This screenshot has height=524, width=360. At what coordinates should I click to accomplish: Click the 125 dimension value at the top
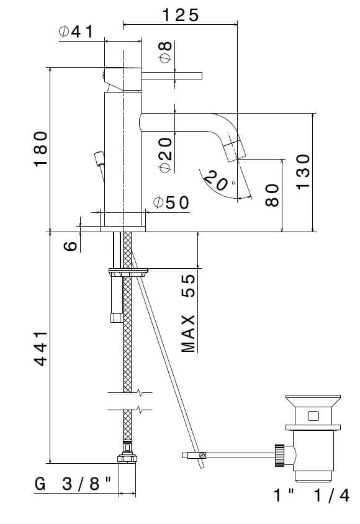181,16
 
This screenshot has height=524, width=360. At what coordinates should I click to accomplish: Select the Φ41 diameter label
76,32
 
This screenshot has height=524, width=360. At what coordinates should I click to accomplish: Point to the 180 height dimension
40,149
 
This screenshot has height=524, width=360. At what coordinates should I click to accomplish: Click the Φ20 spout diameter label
166,155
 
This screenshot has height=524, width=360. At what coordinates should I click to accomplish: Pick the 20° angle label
218,181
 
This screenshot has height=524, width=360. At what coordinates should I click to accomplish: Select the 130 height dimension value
304,172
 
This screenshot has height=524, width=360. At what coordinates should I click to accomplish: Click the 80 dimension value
272,195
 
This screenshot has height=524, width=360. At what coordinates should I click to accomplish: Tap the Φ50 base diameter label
171,202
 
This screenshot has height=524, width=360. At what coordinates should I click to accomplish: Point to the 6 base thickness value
71,246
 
